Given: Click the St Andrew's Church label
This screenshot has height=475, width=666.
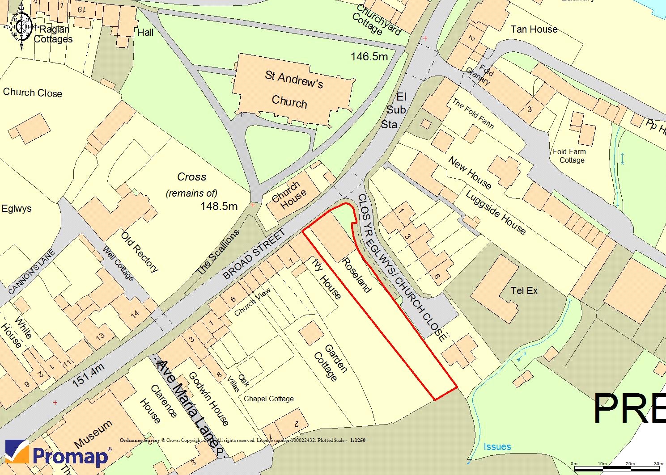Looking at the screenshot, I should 292,90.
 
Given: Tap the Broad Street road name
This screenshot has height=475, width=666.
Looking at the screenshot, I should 254,255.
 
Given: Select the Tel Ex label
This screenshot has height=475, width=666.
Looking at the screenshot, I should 524,291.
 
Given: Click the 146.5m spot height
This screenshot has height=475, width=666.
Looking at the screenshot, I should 369,57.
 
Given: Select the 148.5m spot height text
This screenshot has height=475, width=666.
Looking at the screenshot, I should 219,206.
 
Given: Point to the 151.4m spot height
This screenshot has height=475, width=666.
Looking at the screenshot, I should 88,375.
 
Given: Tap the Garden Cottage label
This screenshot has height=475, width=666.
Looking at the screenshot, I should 331,362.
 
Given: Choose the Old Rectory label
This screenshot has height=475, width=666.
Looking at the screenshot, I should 140,251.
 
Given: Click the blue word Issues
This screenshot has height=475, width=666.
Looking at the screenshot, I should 497,446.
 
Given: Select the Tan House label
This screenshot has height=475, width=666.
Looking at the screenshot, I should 534,29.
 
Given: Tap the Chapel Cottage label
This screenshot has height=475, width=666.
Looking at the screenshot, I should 269,399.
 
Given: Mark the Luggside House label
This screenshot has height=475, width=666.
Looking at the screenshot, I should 496,212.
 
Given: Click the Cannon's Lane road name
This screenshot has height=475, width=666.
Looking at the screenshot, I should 32,272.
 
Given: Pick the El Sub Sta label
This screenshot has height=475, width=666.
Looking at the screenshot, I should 396,110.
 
